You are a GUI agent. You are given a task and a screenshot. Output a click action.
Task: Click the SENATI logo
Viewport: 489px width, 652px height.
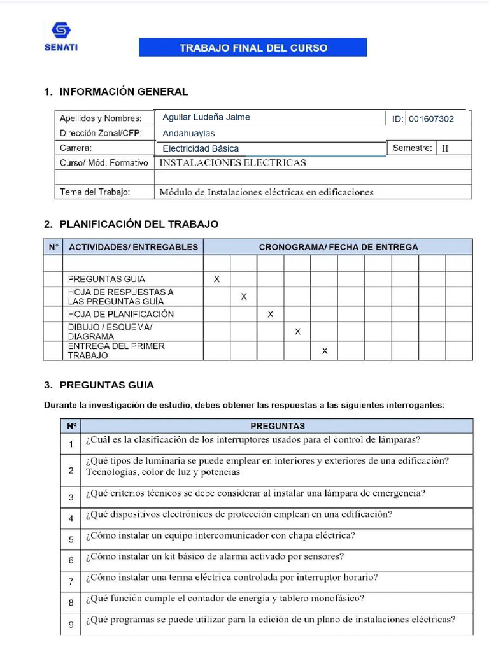62,36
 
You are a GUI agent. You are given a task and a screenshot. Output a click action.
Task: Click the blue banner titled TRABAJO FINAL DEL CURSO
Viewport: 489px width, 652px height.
253,48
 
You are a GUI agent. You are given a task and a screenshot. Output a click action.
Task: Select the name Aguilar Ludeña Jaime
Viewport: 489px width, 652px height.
206,117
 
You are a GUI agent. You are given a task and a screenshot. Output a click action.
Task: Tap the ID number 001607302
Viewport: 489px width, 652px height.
431,119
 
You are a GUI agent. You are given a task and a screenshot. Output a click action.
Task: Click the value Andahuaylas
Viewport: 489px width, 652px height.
188,134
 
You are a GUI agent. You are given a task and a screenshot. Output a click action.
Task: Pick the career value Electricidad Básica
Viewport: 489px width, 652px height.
201,148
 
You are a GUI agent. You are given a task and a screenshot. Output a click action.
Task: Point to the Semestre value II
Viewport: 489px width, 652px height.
445,148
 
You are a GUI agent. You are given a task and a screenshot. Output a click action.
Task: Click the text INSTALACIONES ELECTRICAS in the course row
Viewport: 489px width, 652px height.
232,163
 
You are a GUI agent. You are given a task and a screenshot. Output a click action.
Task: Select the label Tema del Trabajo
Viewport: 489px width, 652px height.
95,192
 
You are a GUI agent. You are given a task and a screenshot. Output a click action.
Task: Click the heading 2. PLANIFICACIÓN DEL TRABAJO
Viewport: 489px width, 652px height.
131,224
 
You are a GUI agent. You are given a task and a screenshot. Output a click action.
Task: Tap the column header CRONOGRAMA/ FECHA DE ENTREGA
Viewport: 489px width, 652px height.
338,247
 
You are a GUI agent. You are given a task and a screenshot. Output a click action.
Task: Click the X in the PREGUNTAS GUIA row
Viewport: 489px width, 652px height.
216,279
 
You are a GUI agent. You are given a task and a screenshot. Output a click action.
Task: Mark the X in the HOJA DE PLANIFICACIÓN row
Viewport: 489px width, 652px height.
271,314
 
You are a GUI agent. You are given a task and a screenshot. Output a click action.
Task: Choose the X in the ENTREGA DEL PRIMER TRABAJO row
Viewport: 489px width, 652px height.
325,351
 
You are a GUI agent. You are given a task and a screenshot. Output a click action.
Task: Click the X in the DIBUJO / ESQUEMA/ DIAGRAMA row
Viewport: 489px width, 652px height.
297,332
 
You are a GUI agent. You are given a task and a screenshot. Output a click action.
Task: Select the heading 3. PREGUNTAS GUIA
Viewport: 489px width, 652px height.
99,385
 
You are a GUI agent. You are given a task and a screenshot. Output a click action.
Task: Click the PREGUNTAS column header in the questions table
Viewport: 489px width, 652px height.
277,426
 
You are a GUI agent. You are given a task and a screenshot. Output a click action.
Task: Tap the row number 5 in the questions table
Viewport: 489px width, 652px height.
71,540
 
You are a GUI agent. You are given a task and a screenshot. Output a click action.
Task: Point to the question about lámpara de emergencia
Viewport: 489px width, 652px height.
255,493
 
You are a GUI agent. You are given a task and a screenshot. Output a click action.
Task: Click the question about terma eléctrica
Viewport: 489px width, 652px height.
231,578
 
